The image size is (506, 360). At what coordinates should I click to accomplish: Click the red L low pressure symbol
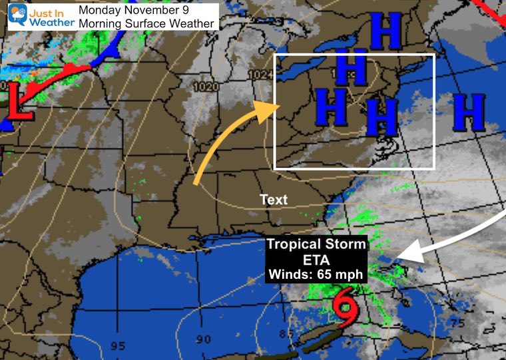click(20, 106)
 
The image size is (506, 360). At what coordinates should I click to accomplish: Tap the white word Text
click(274, 200)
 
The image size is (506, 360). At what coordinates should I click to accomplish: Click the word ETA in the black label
click(317, 259)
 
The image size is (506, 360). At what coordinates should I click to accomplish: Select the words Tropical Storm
click(317, 244)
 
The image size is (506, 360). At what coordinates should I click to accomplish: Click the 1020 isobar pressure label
click(206, 87)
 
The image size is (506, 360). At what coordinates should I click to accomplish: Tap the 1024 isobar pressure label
click(263, 75)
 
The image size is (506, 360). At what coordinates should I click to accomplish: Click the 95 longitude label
click(118, 345)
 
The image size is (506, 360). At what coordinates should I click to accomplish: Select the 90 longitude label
click(203, 339)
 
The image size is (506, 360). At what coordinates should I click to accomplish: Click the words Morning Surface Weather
click(146, 24)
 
